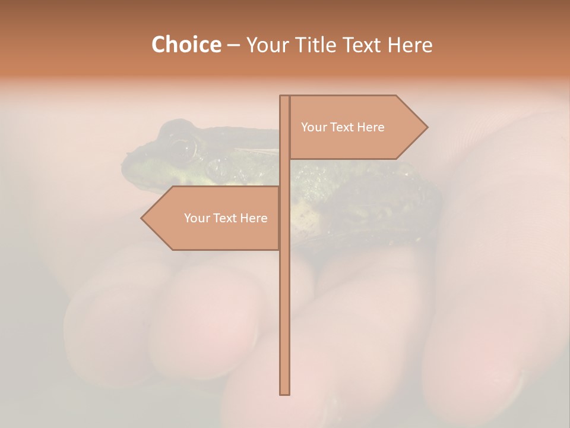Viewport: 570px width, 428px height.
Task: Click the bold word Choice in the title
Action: [186, 45]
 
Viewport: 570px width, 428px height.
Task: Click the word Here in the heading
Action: [410, 45]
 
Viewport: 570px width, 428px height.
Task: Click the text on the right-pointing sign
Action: [343, 127]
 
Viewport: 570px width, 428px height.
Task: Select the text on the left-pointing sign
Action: [226, 218]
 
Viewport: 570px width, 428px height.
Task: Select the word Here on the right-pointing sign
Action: [370, 127]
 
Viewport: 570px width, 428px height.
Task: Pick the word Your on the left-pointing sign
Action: [197, 218]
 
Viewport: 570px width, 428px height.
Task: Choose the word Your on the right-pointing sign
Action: [313, 127]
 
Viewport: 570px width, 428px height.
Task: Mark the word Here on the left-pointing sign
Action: [254, 218]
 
